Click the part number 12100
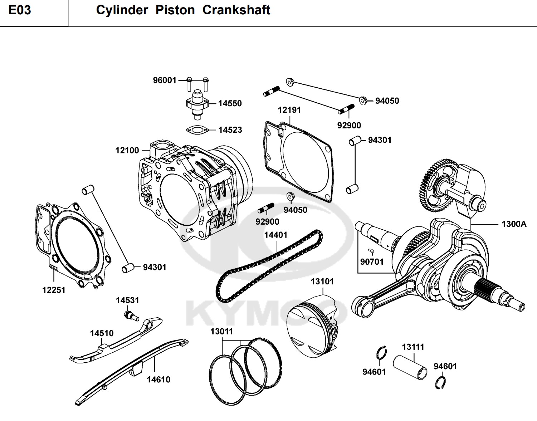pos(127,150)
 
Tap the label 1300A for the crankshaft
pos(514,224)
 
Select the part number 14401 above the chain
pos(275,235)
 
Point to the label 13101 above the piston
pos(322,282)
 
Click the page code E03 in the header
pos(20,10)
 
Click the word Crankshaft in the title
pos(236,10)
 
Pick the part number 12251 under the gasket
pos(54,290)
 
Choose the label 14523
pos(230,130)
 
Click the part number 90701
pos(372,262)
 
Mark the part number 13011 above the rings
pos(221,332)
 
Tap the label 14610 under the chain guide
pos(158,380)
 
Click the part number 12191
pos(289,110)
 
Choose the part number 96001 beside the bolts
pos(165,80)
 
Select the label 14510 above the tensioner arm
pos(102,333)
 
